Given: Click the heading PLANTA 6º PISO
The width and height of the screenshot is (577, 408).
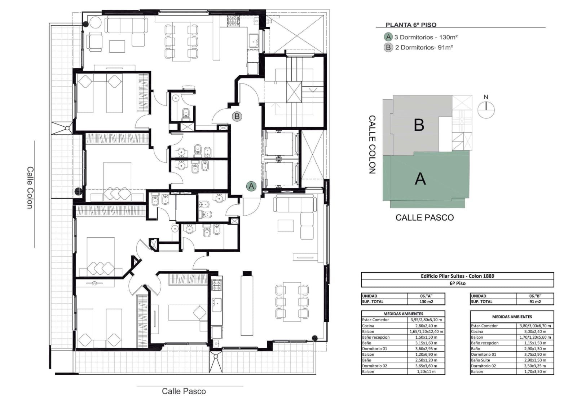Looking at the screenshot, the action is point(411,25).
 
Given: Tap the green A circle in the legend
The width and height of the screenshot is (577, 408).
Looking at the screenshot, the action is point(388,37).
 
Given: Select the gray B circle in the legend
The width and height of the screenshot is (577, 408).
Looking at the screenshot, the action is point(388,47).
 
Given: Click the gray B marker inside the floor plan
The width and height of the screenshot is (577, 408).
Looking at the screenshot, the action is point(237,116).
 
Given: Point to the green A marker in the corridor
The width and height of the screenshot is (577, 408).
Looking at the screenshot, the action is point(251,186).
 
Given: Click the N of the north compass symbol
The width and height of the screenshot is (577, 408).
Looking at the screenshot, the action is point(486,97).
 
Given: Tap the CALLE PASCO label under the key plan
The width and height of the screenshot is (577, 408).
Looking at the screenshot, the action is point(424,218).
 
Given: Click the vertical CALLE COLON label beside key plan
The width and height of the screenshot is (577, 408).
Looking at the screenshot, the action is point(372,144).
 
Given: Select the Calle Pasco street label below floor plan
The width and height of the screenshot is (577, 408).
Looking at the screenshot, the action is point(184,391).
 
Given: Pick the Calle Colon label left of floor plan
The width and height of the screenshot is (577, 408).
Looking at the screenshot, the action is point(30,187).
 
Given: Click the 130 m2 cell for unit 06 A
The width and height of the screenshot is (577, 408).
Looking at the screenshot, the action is point(426,302).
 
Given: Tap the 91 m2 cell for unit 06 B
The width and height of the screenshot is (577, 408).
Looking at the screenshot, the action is point(535,302).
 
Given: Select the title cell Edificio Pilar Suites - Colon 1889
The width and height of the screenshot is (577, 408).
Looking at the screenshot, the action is point(458,276).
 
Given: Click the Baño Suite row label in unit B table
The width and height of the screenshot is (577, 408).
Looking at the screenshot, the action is point(480,360).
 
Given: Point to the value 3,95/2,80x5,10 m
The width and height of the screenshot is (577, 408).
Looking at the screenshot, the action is point(426,320).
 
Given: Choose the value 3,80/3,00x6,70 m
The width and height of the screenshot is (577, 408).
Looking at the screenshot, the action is point(535,326).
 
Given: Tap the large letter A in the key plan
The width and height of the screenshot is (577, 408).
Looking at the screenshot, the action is point(420,179).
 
